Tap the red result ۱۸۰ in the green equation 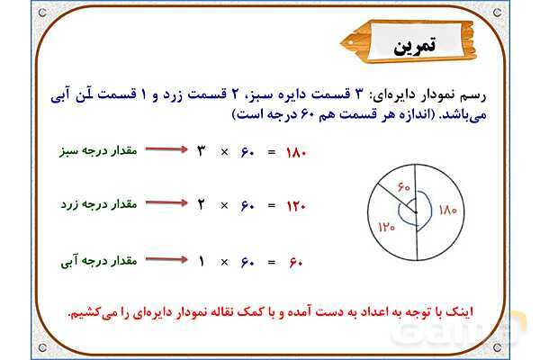tap(296, 152)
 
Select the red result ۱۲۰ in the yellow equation tap(296, 206)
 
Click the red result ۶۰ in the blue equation tap(297, 262)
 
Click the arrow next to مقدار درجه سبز tap(164, 151)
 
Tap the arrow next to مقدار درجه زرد tap(164, 205)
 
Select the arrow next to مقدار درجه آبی tap(164, 261)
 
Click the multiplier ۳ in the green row tap(202, 151)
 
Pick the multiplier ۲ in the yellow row tap(202, 205)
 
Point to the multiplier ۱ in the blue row tap(202, 261)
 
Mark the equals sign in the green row tap(270, 152)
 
